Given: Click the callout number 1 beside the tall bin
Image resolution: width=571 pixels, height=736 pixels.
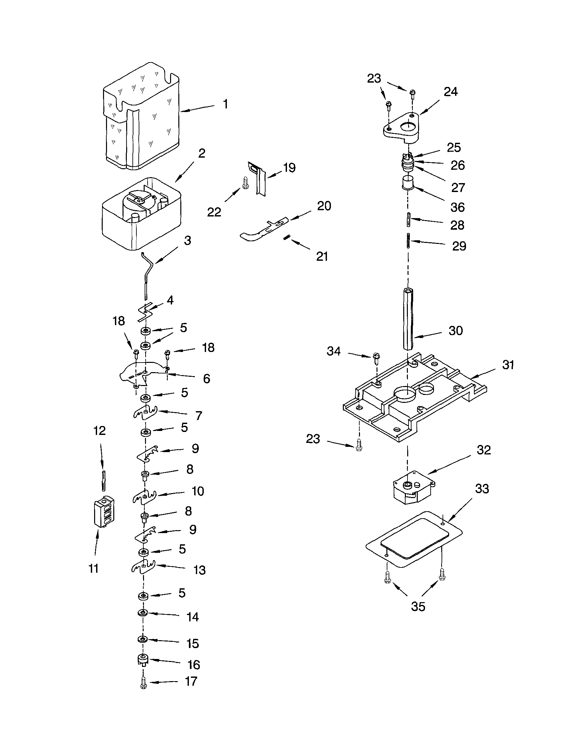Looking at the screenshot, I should point(226,104).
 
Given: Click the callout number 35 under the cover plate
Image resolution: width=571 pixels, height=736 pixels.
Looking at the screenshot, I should point(418,606).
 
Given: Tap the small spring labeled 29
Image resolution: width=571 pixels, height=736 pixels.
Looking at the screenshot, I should point(408,241).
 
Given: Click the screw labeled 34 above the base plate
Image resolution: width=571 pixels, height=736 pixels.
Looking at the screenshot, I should point(376,359).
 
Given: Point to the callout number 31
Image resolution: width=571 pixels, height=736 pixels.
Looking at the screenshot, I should point(508,365).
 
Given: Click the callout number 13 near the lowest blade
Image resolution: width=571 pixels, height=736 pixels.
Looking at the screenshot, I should point(199,570).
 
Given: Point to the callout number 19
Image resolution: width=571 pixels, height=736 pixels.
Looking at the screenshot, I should point(289,168).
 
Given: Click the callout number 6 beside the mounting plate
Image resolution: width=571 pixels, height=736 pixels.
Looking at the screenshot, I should point(206,379).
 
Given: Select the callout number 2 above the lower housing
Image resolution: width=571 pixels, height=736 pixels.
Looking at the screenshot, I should point(201,153).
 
